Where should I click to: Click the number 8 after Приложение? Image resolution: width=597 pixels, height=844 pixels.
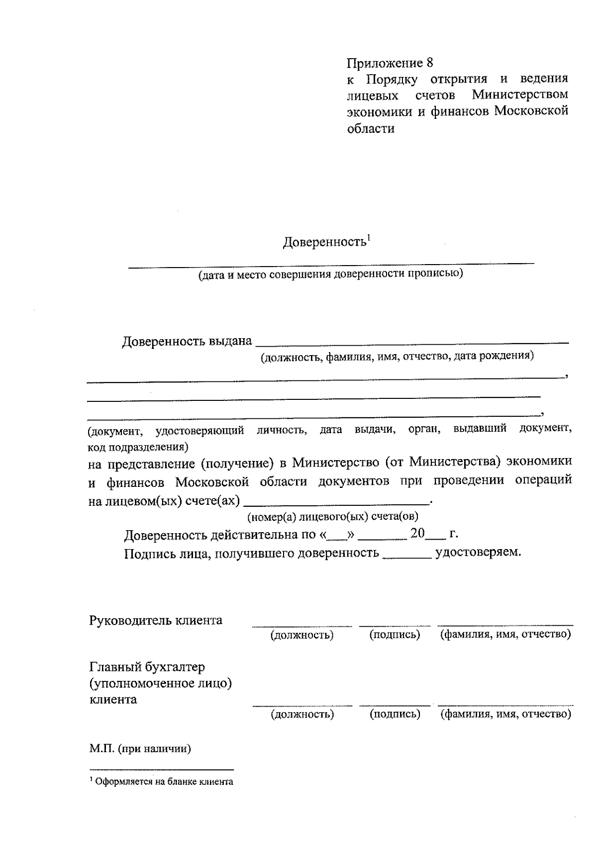[430, 63]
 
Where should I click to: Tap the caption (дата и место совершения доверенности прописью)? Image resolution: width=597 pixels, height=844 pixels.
[330, 274]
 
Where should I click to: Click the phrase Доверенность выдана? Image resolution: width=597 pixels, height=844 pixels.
[187, 342]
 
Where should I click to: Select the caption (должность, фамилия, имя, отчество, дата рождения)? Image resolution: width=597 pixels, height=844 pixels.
[398, 356]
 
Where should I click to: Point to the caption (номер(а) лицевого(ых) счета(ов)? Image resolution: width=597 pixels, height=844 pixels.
[333, 517]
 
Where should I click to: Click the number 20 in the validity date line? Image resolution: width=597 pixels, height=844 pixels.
[418, 534]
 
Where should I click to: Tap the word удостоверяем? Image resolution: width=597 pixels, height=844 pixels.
[478, 552]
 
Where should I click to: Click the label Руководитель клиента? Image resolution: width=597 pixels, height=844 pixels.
[156, 620]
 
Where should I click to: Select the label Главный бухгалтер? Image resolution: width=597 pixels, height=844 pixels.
[147, 666]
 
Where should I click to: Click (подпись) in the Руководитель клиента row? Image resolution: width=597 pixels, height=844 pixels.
[395, 635]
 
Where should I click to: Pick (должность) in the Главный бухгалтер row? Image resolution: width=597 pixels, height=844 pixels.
[302, 714]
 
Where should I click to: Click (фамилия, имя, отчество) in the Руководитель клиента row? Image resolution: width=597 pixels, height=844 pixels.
[505, 635]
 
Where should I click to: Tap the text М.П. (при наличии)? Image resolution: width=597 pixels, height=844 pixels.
[140, 749]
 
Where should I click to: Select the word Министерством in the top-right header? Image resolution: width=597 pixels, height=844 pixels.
[520, 94]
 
